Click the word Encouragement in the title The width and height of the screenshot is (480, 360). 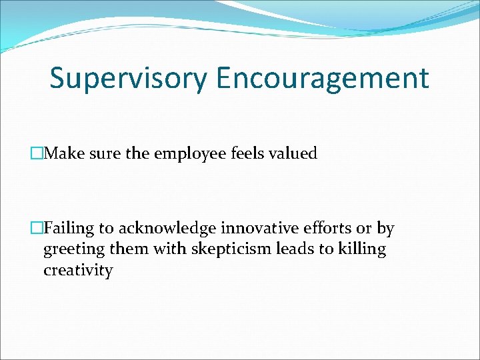(323, 78)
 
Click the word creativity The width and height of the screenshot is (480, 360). (78, 271)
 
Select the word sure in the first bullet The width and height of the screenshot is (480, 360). (103, 154)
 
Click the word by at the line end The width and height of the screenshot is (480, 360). (385, 229)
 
